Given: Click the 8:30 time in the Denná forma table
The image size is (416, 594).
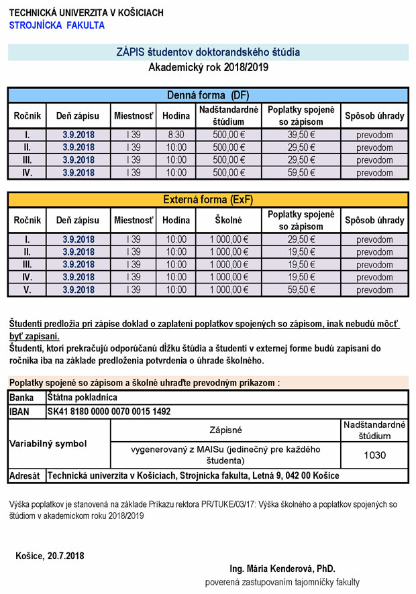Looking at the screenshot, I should pyautogui.click(x=176, y=135).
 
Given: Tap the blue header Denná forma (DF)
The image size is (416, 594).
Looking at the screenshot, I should pyautogui.click(x=207, y=95).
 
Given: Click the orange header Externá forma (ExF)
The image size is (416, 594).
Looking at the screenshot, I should pyautogui.click(x=207, y=199).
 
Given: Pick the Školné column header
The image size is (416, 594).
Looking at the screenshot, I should pyautogui.click(x=228, y=220).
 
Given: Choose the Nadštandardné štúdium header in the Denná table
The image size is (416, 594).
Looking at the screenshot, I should pyautogui.click(x=228, y=115).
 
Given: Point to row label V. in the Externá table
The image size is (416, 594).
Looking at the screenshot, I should pyautogui.click(x=27, y=290).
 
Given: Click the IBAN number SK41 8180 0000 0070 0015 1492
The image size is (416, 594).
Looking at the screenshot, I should pyautogui.click(x=109, y=411).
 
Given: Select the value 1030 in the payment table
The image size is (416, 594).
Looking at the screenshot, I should pyautogui.click(x=374, y=455).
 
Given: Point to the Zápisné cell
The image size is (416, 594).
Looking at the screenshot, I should pyautogui.click(x=226, y=430).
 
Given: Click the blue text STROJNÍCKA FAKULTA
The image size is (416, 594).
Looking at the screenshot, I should pyautogui.click(x=57, y=25).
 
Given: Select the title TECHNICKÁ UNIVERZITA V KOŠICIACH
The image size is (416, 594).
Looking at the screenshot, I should pyautogui.click(x=86, y=13).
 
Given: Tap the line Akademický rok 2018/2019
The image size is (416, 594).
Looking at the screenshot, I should pyautogui.click(x=207, y=67).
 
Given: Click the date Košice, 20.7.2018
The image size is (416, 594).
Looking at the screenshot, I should pyautogui.click(x=50, y=556).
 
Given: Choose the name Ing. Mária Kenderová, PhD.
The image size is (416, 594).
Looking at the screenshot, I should pyautogui.click(x=282, y=568).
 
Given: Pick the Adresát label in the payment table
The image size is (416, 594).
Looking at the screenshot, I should pyautogui.click(x=26, y=475).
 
